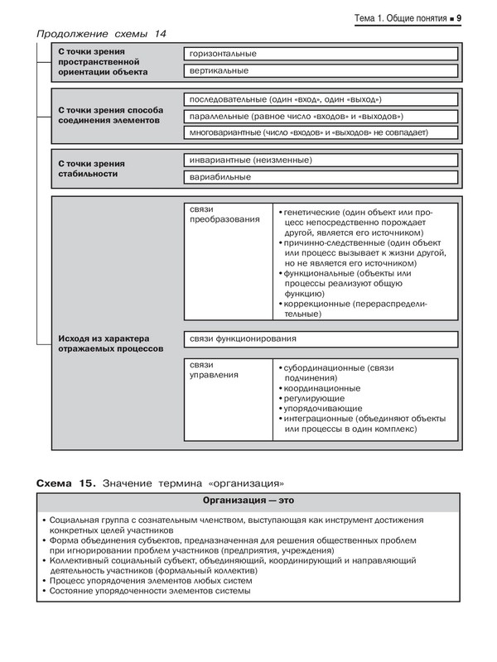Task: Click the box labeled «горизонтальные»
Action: [x=321, y=55]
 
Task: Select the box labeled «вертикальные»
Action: [x=321, y=72]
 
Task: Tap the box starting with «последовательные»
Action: [x=321, y=100]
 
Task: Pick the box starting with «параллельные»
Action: [x=321, y=116]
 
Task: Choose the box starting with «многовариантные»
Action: [x=321, y=132]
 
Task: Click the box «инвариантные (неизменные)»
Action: [x=321, y=160]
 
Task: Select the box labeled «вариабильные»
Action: [x=321, y=177]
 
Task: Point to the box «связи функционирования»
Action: [x=321, y=339]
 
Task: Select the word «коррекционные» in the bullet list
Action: [x=316, y=305]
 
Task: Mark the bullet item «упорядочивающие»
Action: [x=321, y=409]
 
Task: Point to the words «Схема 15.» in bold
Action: [x=67, y=482]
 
